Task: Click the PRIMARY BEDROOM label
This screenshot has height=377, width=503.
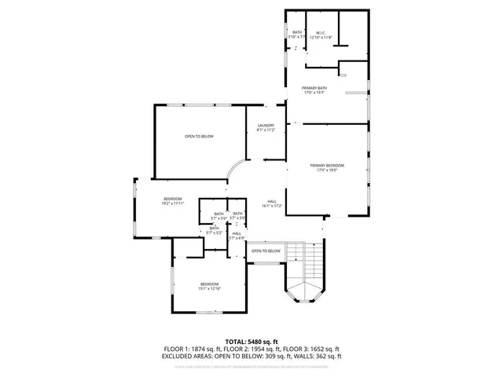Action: tap(327, 167)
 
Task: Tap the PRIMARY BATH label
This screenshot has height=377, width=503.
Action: tap(315, 90)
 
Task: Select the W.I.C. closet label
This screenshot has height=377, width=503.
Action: tap(321, 35)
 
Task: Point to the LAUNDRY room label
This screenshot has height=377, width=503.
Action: tap(266, 127)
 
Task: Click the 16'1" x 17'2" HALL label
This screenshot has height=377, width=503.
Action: tap(271, 203)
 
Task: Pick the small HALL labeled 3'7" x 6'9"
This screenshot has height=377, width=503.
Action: tap(237, 236)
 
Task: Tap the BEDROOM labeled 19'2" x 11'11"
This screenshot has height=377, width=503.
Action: tap(173, 201)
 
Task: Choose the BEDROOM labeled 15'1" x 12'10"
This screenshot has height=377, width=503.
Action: tap(209, 286)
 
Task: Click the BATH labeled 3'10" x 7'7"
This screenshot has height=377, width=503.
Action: tap(297, 35)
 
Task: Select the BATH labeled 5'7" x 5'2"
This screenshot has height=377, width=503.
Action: tap(214, 231)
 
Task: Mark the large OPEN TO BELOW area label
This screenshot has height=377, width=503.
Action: tap(199, 137)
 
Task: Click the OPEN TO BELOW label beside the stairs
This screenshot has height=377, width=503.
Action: tap(266, 251)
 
